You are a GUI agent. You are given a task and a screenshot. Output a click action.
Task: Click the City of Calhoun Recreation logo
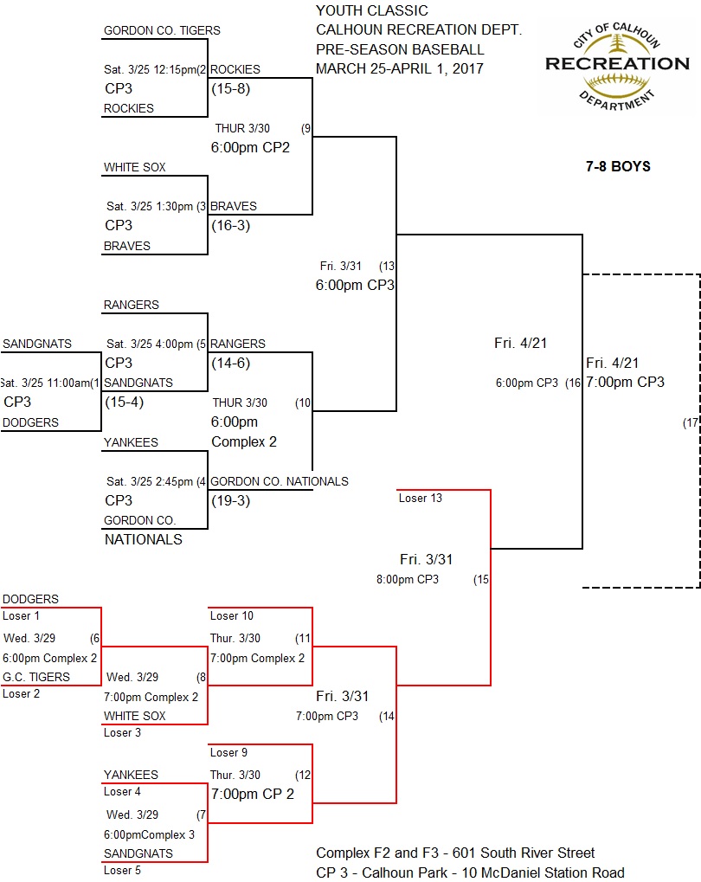tap(616, 63)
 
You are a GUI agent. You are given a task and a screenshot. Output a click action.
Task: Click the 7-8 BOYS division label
tap(617, 166)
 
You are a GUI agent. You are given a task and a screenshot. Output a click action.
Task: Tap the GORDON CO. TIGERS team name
tap(162, 31)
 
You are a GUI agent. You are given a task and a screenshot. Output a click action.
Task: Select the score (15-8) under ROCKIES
tap(230, 88)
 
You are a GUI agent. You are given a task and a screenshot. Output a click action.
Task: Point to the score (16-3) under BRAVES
tap(230, 226)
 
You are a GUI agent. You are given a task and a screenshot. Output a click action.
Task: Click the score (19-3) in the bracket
tap(230, 500)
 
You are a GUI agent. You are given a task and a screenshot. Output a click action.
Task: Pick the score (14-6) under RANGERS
tap(230, 364)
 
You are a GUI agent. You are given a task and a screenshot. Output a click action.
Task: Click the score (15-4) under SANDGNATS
tap(125, 402)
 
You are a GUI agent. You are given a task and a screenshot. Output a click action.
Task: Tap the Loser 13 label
tap(421, 498)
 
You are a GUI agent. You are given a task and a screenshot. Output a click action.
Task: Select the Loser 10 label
tap(232, 616)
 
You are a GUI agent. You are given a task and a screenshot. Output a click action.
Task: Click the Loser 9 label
tap(230, 753)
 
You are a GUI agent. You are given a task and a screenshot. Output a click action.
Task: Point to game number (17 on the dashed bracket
tap(690, 423)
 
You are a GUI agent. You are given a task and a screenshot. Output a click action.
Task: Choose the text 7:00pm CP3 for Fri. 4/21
tap(625, 382)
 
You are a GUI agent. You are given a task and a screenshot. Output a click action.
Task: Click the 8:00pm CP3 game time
tap(407, 579)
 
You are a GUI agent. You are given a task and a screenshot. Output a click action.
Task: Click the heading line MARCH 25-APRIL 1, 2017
tap(400, 68)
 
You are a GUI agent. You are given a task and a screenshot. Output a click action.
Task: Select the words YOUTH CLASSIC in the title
tap(371, 11)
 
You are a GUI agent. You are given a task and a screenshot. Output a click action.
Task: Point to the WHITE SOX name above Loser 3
tap(134, 717)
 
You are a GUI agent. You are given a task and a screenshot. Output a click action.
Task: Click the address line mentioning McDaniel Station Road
tap(470, 872)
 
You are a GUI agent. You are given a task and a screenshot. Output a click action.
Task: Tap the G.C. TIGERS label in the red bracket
tap(36, 678)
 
